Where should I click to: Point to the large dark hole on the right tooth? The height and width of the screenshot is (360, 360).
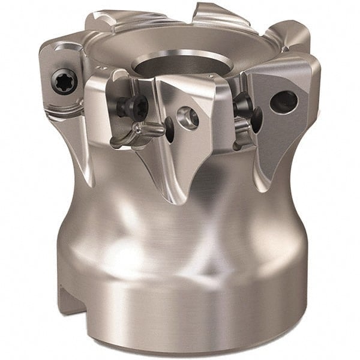[x=283, y=102]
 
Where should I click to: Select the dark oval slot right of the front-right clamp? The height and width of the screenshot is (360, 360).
[x=257, y=120]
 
